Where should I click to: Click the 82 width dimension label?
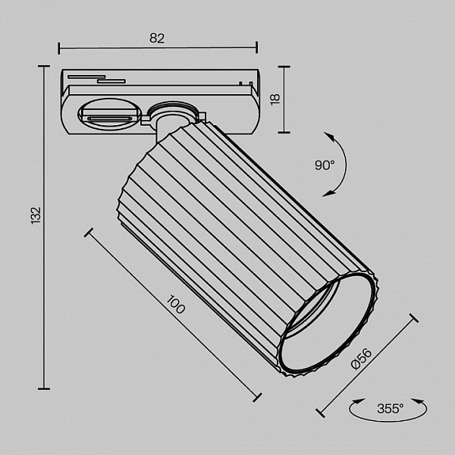coord(157,39)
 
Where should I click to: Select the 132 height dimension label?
coord(36,215)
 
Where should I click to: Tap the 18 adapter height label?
coord(275,99)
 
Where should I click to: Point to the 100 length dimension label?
coord(176,304)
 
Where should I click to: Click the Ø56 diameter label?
coord(361,359)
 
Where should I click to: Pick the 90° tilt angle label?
coord(325,165)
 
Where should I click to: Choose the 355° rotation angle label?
coord(390,409)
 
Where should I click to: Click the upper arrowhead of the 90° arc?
coord(328,136)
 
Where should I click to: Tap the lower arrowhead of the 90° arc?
coord(328,193)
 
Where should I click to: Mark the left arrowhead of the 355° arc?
coord(358,402)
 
